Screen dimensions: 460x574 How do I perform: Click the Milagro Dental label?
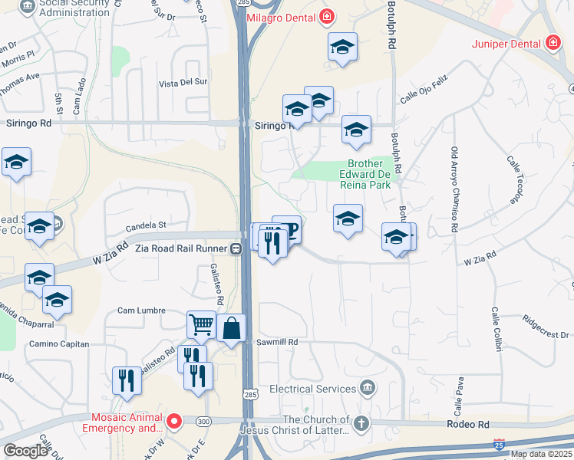coord(283,16)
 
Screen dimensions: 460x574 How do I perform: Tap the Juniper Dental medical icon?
coord(552,44)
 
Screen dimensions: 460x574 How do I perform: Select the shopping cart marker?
coord(201,324)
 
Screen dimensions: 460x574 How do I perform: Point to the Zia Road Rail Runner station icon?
coord(238,248)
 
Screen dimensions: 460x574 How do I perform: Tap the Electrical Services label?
coord(314,389)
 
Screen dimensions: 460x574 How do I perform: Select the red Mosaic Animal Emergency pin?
coord(174,420)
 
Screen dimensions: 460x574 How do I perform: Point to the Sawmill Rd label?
coord(277,342)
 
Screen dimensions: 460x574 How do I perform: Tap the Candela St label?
coord(146,225)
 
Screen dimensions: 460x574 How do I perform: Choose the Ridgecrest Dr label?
coord(548,327)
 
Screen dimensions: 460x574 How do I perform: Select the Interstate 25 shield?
coord(499,445)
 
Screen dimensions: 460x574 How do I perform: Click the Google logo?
coord(25,450)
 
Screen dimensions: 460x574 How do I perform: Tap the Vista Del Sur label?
coord(183,82)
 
